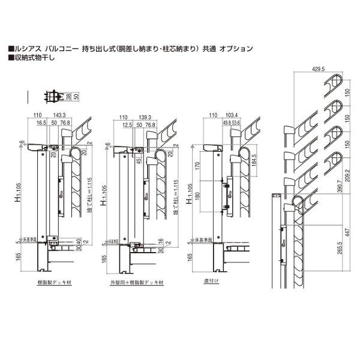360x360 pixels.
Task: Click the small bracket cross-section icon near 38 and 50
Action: point(53,95)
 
